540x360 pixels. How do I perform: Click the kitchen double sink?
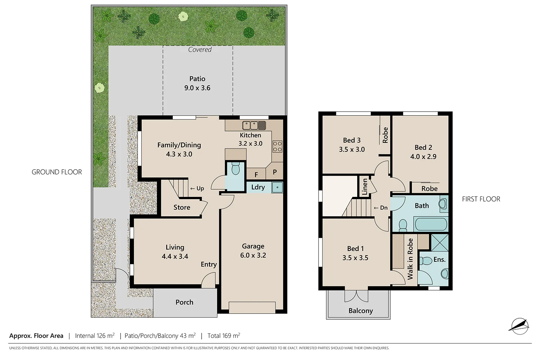pos(254,125)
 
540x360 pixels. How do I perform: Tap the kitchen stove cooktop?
pos(277,147)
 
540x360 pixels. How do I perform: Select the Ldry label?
pos(258,187)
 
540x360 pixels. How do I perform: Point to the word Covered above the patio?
pos(200,50)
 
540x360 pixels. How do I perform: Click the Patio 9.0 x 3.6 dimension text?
pos(197,88)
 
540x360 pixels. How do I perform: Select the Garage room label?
pos(253,246)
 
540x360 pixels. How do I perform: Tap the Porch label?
pos(184,302)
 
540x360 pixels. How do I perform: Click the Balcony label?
pos(360,311)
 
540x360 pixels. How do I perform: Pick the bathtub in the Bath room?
pos(431,224)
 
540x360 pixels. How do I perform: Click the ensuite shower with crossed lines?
pos(440,242)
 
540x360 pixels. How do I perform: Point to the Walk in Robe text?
pos(410,259)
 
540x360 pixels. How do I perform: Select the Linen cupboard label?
pos(365,186)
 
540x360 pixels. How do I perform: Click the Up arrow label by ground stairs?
pos(197,188)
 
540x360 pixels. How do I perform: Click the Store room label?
pos(182,207)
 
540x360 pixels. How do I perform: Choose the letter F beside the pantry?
pos(256,175)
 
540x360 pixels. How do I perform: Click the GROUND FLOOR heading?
pos(57,172)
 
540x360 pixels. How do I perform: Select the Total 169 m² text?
pos(224,336)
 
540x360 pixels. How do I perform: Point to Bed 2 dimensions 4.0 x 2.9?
pos(423,157)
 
